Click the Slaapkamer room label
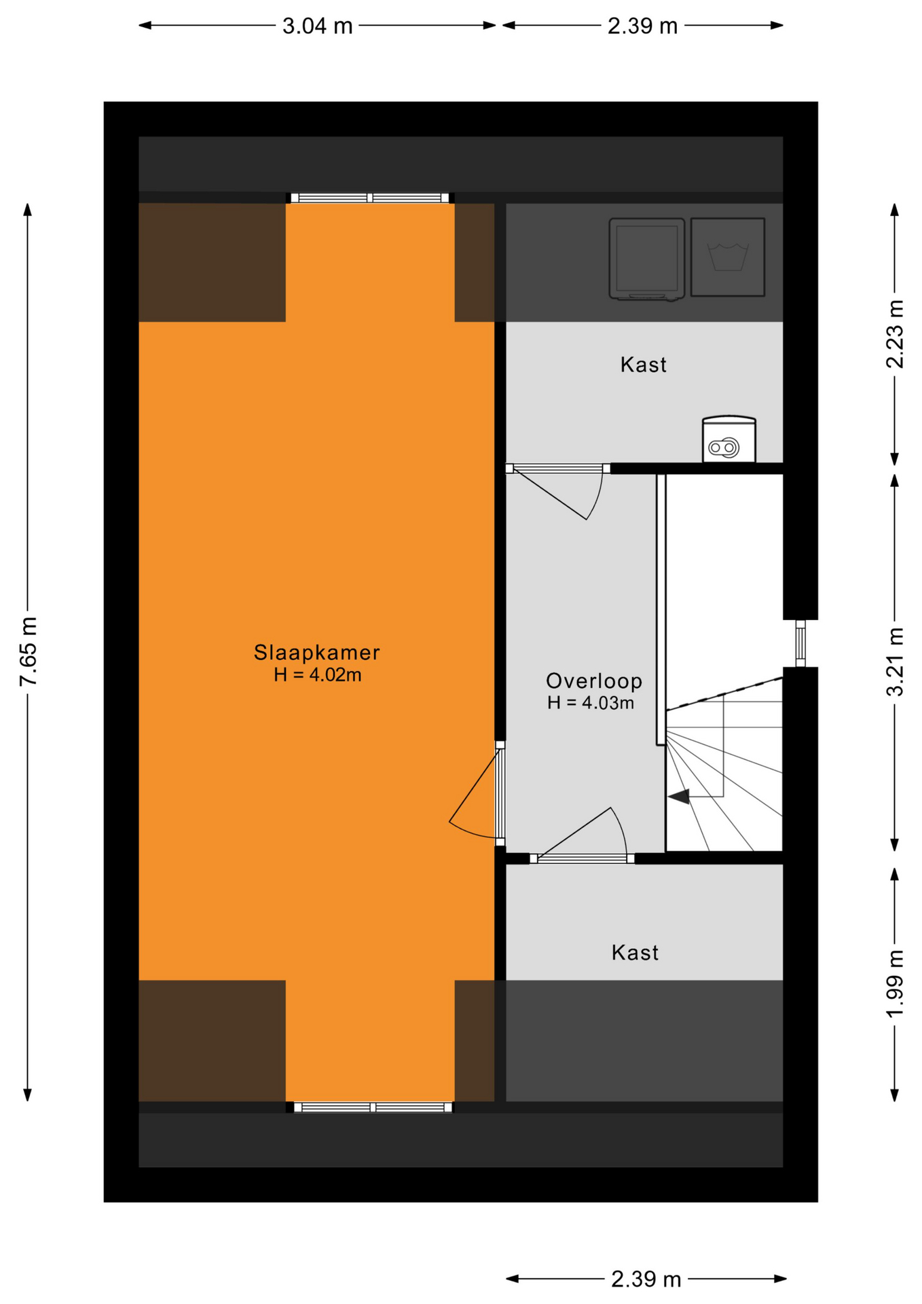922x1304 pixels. pos(316,652)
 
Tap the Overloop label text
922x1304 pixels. pos(594,681)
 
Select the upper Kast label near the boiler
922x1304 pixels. pos(643,365)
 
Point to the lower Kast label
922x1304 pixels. pos(635,952)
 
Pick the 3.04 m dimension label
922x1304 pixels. pos(318,26)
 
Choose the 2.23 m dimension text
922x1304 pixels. pos(896,334)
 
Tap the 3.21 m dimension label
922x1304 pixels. pos(896,662)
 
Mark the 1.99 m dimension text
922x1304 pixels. pos(896,984)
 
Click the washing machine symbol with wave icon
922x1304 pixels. pos(728,257)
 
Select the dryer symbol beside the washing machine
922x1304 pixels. pos(646,259)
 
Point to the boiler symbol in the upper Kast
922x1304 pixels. pos(729,439)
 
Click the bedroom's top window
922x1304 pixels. pos(370,198)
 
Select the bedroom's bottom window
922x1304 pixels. pos(373,1108)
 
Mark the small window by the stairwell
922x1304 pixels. pos(800,643)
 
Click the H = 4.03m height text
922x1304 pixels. pos(591,703)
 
